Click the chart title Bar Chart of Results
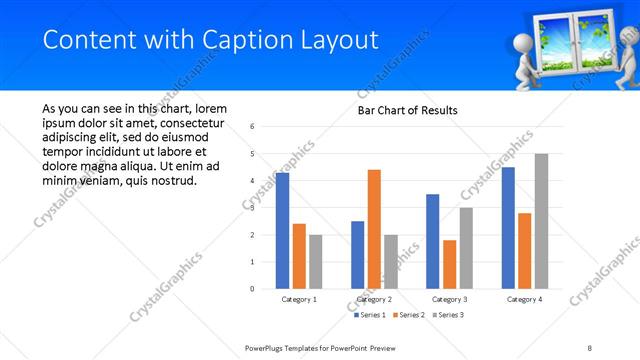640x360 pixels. point(408,110)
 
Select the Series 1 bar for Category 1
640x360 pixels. point(283,230)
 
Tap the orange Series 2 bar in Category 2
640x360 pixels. point(374,229)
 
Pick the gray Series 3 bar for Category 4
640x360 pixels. point(541,221)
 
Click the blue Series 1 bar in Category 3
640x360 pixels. point(432,241)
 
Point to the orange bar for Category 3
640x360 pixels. point(449,264)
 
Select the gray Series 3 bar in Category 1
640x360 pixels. point(316,261)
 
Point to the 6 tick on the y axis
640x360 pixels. point(253,126)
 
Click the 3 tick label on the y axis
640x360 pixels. point(253,208)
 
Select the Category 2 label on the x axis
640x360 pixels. point(374,299)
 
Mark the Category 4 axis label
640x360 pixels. point(524,299)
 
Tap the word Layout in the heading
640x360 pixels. point(344,39)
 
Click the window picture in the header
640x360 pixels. point(556,43)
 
